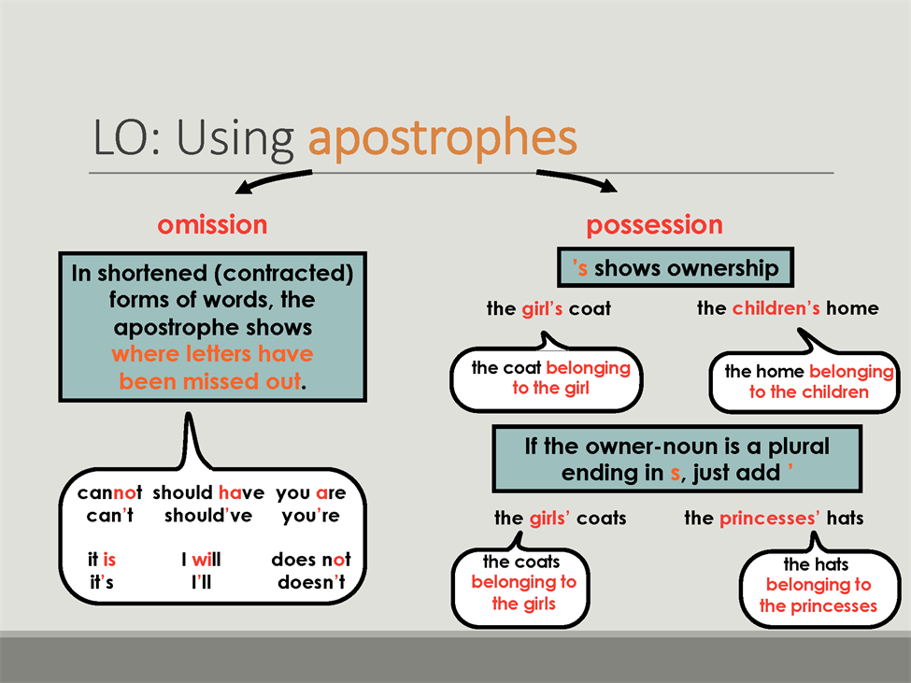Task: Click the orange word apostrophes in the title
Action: pos(442,138)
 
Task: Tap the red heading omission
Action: pos(212,225)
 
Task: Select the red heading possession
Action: pos(655,225)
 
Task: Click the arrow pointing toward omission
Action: pos(273,179)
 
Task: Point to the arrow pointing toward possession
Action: pos(576,178)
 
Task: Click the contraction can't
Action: pos(110,515)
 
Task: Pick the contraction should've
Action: pos(208,515)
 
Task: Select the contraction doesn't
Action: pos(311,582)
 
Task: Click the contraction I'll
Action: pos(201,582)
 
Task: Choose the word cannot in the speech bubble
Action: pos(110,492)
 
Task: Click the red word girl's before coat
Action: pos(542,309)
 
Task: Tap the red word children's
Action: pos(776,307)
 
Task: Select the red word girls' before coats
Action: pos(549,518)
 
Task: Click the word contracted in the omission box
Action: pos(283,274)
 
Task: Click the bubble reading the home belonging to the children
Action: pos(804,381)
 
